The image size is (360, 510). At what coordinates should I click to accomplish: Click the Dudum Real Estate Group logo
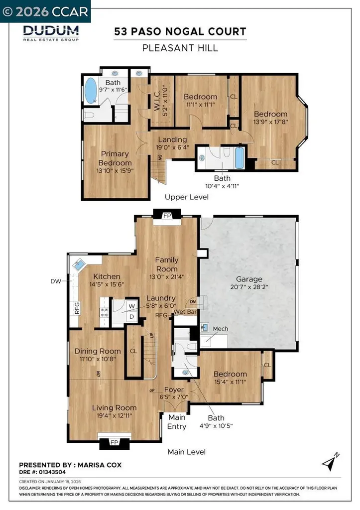tap(51, 32)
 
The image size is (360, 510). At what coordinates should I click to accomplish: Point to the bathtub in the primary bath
tap(91, 91)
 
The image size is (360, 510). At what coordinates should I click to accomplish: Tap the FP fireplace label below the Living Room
tap(114, 442)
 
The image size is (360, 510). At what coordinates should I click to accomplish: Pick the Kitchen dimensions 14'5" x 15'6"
tap(106, 284)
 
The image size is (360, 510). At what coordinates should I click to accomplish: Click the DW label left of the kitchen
tap(55, 281)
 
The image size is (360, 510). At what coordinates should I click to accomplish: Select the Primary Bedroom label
tap(115, 158)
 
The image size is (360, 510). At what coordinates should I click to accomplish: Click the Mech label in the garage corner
tap(220, 329)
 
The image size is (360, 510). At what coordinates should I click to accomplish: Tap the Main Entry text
tap(177, 422)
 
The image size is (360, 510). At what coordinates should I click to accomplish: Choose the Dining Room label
tap(98, 351)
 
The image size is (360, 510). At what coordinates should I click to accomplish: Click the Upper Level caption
tap(187, 197)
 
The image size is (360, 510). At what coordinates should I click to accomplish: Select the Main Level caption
tap(187, 452)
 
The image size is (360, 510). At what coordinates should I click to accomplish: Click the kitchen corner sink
tap(78, 265)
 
